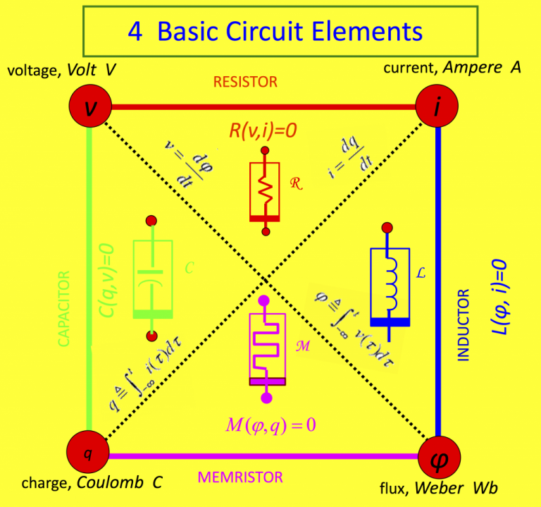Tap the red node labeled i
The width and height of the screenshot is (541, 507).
[x=437, y=107]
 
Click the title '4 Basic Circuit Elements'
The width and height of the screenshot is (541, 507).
[x=275, y=31]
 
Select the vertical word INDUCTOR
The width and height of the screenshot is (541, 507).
[x=463, y=324]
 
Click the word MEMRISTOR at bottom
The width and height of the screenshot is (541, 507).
[x=240, y=477]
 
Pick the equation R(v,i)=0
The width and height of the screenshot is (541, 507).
[x=264, y=131]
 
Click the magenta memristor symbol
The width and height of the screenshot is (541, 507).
[x=266, y=348]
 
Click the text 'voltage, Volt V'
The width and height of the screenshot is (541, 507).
[x=61, y=71]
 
